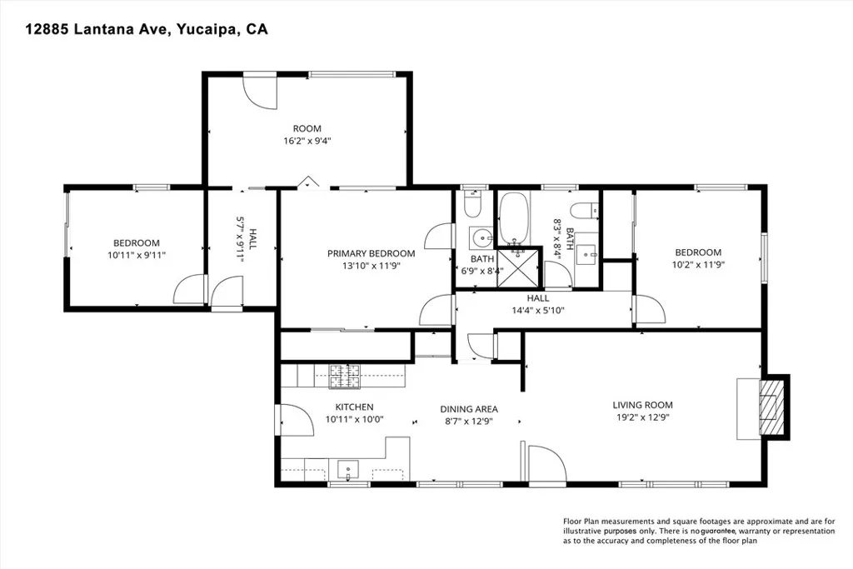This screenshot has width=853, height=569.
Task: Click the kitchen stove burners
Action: tap(342, 377)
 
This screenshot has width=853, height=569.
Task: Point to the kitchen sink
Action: tap(347, 469)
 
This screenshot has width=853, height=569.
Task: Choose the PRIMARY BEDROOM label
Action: tap(371, 253)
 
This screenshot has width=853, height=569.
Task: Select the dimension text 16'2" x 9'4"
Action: tap(307, 142)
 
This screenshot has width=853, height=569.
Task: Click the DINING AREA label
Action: tap(469, 409)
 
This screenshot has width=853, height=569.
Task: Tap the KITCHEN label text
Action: tap(354, 407)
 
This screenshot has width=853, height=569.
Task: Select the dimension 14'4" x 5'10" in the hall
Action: tap(537, 310)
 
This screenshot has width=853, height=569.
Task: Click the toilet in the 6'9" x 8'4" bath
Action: tap(472, 205)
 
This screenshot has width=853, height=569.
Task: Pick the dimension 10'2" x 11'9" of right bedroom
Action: tap(697, 265)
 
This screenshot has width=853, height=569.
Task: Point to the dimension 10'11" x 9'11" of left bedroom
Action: tap(137, 256)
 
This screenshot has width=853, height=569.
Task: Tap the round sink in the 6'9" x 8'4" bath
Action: tap(481, 240)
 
